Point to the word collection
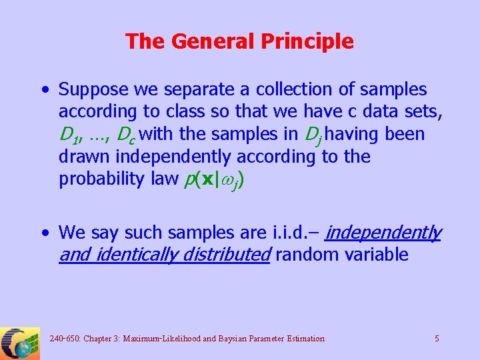pos(283,89)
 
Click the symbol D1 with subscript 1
pos(69,135)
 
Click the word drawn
pos(85,157)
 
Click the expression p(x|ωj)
pos(215,180)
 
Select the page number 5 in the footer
pos(437,339)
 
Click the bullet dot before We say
pos(44,233)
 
